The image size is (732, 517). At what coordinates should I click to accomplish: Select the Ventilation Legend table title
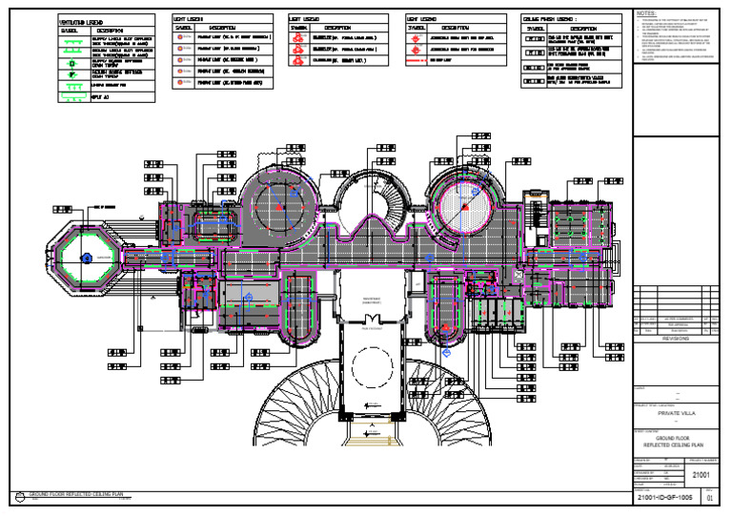pyautogui.click(x=82, y=21)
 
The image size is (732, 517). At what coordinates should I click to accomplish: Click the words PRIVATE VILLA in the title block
pyautogui.click(x=673, y=414)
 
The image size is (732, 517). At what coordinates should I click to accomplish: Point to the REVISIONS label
pyautogui.click(x=673, y=338)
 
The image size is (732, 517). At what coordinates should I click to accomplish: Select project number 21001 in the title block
pyautogui.click(x=699, y=472)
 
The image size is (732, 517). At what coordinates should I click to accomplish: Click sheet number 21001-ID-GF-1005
pyautogui.click(x=666, y=498)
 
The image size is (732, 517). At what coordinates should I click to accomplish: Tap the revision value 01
pyautogui.click(x=707, y=498)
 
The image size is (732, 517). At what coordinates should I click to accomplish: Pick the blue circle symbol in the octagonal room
pyautogui.click(x=87, y=257)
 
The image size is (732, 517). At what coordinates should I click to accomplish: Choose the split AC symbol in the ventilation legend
pyautogui.click(x=70, y=96)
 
